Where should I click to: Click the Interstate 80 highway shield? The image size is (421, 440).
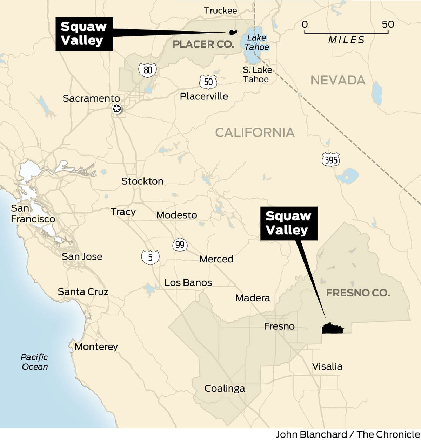click(x=147, y=70)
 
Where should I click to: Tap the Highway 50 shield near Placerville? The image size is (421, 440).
click(x=208, y=82)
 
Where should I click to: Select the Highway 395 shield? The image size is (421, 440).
click(x=331, y=160)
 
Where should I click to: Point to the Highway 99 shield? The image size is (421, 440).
click(x=180, y=244)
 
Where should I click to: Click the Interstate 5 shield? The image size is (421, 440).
click(x=150, y=257)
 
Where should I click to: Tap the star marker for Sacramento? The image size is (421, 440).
click(x=117, y=109)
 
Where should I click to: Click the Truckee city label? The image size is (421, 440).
click(x=220, y=11)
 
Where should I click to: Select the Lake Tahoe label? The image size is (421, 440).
click(x=256, y=42)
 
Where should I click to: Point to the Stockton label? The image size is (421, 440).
click(x=142, y=181)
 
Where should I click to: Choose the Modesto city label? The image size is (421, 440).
click(x=176, y=215)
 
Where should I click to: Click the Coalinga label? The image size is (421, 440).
click(x=225, y=388)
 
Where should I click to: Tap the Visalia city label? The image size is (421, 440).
click(x=327, y=366)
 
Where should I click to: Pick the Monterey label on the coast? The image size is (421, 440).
click(x=96, y=346)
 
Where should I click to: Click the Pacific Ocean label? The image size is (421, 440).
click(x=34, y=362)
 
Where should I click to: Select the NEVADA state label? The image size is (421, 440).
click(x=338, y=80)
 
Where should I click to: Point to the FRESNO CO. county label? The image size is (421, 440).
click(x=358, y=293)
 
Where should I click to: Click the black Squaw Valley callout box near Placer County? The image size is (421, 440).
click(x=84, y=34)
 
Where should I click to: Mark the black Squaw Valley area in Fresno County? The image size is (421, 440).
click(x=332, y=329)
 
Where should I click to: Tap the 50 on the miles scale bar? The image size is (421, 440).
click(x=388, y=24)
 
